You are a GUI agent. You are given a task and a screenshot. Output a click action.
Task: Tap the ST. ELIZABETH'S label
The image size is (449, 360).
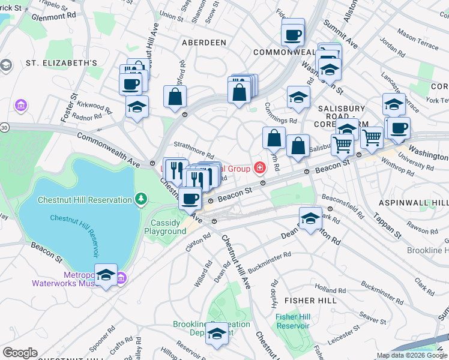61,63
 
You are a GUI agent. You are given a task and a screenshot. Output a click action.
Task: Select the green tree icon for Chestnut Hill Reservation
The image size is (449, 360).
140,197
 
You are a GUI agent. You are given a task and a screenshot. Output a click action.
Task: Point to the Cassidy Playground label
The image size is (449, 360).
164,227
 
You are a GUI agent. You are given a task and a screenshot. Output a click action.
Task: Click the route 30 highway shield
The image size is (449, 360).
4,127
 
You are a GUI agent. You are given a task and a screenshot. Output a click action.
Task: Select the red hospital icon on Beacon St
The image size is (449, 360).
259,167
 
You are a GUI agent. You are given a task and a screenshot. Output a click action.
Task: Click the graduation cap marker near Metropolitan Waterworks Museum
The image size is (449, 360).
106,275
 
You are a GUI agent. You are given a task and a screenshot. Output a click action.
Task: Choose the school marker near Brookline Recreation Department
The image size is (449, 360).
217,334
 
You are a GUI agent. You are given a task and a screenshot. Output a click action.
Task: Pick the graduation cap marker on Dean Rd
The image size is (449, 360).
310,218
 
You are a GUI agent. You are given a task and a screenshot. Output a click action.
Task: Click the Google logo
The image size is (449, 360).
20,352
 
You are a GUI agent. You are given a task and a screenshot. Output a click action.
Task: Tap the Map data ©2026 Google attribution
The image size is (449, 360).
412,355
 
